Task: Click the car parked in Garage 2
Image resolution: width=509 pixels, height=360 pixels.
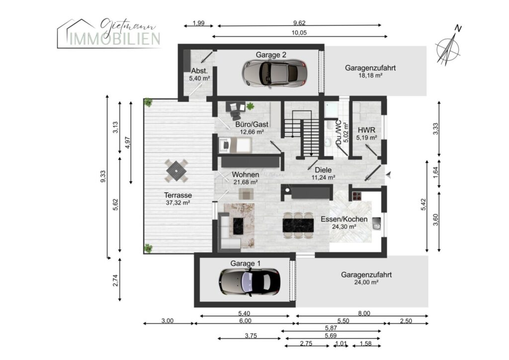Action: [274, 73]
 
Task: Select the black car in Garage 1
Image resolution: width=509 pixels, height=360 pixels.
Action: [250, 282]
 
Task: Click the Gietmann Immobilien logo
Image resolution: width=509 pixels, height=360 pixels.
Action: [109, 33]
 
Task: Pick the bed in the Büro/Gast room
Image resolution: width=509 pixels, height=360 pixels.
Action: [235, 145]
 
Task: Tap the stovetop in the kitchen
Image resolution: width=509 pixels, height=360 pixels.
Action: [357, 196]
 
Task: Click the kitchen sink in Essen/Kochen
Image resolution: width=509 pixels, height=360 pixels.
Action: [377, 223]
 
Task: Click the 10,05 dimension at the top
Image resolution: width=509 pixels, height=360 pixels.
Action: [299, 33]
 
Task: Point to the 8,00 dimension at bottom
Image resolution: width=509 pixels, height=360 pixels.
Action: [364, 313]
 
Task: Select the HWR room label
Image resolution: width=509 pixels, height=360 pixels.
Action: [366, 130]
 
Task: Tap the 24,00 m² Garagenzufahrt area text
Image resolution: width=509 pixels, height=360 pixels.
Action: [366, 282]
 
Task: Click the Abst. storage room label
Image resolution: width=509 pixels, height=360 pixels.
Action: [199, 71]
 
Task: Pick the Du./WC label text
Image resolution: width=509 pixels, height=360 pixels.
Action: [339, 133]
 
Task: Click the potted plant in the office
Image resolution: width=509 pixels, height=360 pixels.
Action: [250, 106]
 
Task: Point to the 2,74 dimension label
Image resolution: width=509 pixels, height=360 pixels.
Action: [115, 280]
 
